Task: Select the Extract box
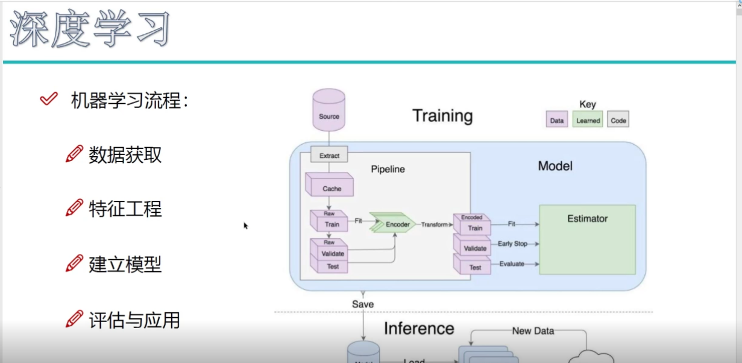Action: [329, 156]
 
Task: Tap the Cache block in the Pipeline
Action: [331, 187]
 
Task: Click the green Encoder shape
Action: [394, 224]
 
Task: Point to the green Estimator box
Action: [587, 239]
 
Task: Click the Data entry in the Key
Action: [557, 120]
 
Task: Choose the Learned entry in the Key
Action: [588, 120]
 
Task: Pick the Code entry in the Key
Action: [618, 120]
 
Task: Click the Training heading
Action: [442, 115]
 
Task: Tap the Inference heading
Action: [419, 329]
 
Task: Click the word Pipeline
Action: [388, 169]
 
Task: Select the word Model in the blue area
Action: [555, 166]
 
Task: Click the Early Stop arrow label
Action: [512, 244]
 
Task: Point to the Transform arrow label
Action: [435, 224]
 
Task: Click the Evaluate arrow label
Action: [512, 264]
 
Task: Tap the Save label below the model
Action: [363, 305]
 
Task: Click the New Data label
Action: [533, 330]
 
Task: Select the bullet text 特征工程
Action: [125, 209]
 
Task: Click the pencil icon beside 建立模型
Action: [74, 263]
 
